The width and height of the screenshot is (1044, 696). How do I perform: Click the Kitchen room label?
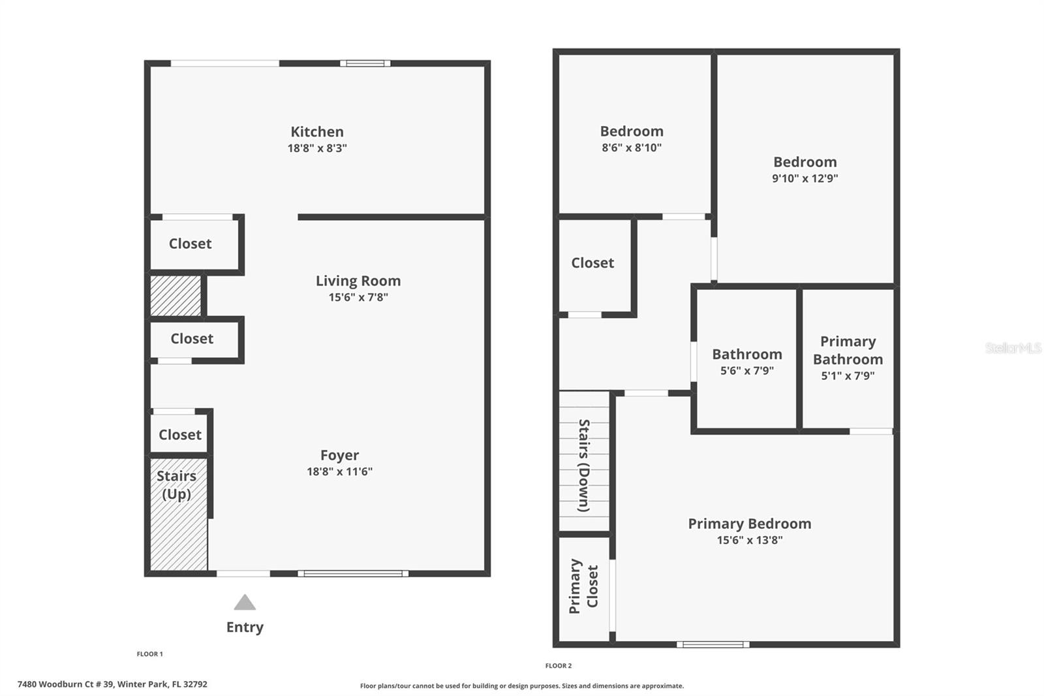317,132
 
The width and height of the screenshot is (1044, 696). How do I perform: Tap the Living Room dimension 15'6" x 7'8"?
358,298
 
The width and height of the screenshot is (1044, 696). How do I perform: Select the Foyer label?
339,455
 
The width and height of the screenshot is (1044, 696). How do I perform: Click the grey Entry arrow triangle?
245,603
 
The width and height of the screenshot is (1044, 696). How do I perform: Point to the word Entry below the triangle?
245,627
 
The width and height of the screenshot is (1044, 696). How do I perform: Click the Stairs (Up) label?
176,484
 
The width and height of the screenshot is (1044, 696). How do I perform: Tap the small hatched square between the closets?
176,296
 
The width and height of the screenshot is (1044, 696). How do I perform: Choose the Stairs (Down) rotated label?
584,465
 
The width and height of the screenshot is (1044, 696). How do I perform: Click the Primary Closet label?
583,586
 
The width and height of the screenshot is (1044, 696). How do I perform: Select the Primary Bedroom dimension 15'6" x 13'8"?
749,540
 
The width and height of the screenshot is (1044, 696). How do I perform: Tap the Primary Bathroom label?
848,351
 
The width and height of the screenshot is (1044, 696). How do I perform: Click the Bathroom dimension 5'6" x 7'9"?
746,371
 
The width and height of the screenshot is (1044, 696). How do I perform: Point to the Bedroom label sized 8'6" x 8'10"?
632,131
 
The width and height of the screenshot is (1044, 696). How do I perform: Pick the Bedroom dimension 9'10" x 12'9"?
805,178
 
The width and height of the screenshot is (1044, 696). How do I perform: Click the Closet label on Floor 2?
592,263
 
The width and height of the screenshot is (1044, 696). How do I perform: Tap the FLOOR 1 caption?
149,654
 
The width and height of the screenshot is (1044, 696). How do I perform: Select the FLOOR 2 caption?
558,666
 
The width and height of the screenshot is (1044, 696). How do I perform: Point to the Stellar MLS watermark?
1013,348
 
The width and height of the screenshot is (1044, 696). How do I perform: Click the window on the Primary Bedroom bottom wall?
713,644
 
